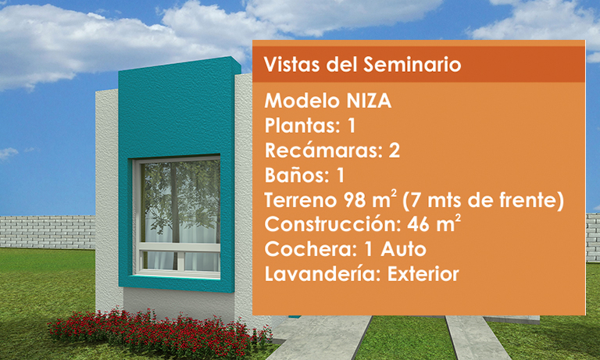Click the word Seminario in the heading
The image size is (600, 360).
pyautogui.click(x=412, y=64)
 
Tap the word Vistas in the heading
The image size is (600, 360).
pyautogui.click(x=291, y=64)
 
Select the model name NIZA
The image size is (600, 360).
pyautogui.click(x=369, y=101)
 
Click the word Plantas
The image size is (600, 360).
pyautogui.click(x=300, y=126)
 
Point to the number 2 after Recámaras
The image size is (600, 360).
pyautogui.click(x=394, y=151)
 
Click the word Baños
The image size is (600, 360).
pyautogui.click(x=294, y=175)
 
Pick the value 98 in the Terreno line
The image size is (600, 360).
pyautogui.click(x=355, y=200)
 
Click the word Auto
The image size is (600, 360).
pyautogui.click(x=403, y=249)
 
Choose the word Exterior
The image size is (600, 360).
pyautogui.click(x=423, y=274)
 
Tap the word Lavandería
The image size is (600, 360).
pyautogui.click(x=320, y=274)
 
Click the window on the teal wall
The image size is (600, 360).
pyautogui.click(x=177, y=216)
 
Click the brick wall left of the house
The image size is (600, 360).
pyautogui.click(x=48, y=232)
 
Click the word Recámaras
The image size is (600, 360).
pyautogui.click(x=321, y=151)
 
